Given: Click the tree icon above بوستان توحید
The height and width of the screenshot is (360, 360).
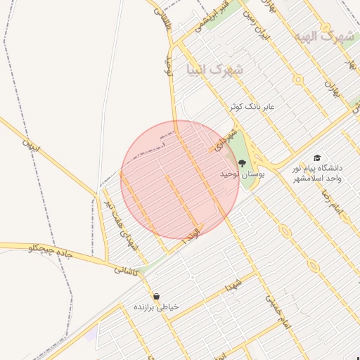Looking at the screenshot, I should click(243, 163).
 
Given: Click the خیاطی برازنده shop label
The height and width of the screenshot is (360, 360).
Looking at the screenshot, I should click(157, 307).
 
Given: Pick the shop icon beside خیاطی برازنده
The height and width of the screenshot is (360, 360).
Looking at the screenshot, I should click(156, 296).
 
